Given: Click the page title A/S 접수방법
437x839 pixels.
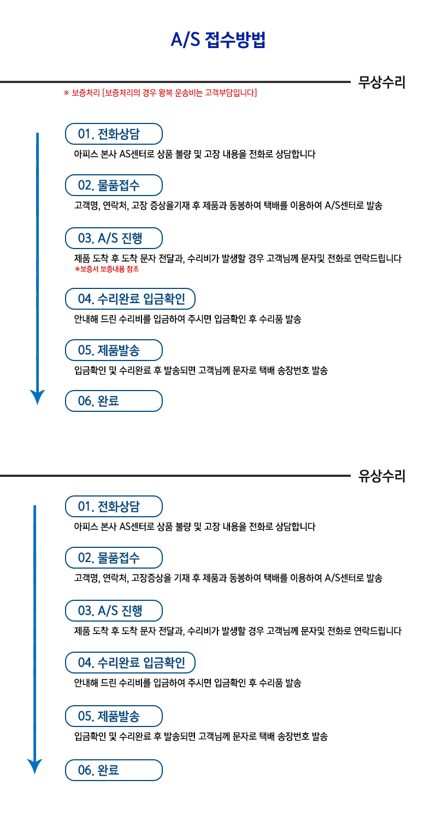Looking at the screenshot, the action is pyautogui.click(x=218, y=40).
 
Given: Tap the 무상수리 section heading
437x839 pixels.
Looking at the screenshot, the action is pyautogui.click(x=382, y=82).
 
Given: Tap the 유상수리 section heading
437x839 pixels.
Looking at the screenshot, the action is pyautogui.click(x=382, y=476).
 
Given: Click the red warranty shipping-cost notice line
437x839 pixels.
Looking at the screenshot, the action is pyautogui.click(x=160, y=92).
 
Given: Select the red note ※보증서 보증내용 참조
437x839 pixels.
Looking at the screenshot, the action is pyautogui.click(x=107, y=269).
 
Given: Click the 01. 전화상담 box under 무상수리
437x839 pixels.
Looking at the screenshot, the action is pyautogui.click(x=114, y=134).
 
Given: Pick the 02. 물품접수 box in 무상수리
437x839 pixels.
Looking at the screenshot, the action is pyautogui.click(x=114, y=185).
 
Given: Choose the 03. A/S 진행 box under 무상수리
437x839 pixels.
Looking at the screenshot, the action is pyautogui.click(x=114, y=238).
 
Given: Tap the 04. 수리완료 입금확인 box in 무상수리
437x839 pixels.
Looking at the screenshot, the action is pyautogui.click(x=131, y=299).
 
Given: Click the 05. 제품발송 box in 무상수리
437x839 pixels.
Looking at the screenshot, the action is pyautogui.click(x=114, y=350).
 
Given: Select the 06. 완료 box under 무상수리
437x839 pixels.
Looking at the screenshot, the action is pyautogui.click(x=114, y=401).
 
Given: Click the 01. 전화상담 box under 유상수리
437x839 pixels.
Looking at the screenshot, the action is pyautogui.click(x=114, y=506).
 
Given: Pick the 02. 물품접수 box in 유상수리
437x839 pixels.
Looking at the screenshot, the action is pyautogui.click(x=114, y=558).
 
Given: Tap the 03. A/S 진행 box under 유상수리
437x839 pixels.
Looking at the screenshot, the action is pyautogui.click(x=114, y=611).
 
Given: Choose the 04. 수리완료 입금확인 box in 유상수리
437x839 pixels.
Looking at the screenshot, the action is pyautogui.click(x=131, y=663).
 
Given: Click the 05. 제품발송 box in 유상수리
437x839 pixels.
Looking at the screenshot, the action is pyautogui.click(x=114, y=716).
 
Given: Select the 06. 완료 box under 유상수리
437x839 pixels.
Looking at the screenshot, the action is pyautogui.click(x=114, y=770).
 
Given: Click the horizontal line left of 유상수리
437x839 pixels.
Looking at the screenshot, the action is pyautogui.click(x=175, y=476).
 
